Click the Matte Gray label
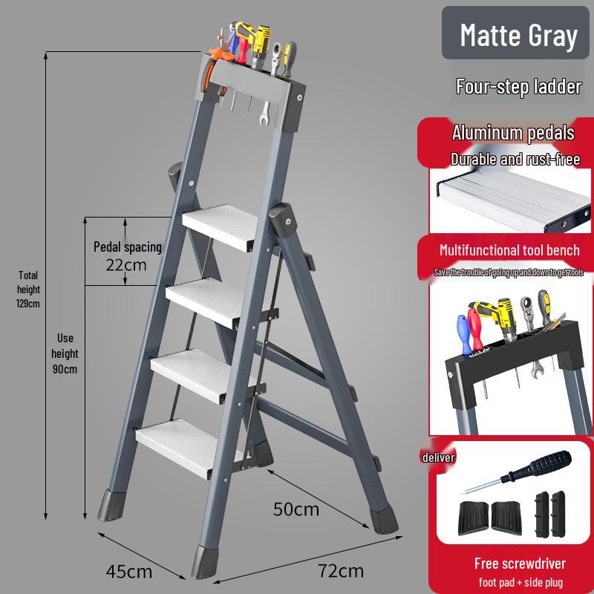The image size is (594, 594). pos(518,35)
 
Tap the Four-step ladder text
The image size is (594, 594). pos(518,87)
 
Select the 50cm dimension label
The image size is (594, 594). pos(296,509)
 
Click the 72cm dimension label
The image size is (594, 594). pos(340,571)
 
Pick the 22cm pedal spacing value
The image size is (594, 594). pos(125,264)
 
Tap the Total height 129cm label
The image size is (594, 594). pos(28,289)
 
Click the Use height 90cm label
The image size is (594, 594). pos(65,353)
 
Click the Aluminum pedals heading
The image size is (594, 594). pos(513,134)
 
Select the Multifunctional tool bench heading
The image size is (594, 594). pos(509,250)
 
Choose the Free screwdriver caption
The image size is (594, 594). pos(520,563)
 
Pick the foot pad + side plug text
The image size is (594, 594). pos(520,581)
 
